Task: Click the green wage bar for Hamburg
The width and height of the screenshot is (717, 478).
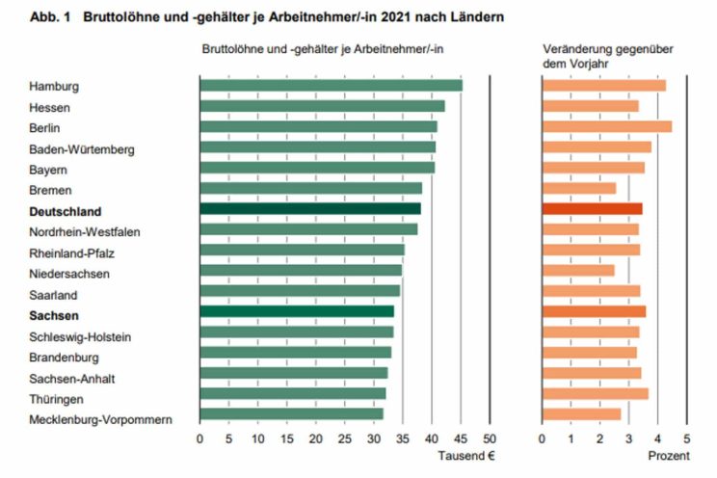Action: tap(331, 85)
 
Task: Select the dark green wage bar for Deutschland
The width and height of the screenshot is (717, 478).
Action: tap(310, 208)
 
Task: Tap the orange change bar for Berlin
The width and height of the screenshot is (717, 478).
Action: tap(607, 126)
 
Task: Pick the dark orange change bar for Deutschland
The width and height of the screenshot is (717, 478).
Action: tap(593, 208)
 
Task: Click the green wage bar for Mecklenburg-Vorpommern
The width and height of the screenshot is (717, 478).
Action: tap(291, 413)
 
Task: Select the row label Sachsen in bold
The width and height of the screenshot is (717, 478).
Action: tap(55, 315)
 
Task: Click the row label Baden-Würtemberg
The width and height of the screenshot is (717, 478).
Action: tap(82, 149)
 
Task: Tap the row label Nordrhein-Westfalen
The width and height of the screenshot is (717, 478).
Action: tap(85, 231)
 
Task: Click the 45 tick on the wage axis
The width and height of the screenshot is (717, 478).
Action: tap(461, 438)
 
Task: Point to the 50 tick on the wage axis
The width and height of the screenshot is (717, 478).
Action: tap(490, 438)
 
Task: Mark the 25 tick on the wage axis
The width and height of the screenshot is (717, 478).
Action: tap(344, 438)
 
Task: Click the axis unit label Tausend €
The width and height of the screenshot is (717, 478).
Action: tap(466, 456)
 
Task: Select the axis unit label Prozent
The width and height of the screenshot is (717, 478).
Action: tap(669, 456)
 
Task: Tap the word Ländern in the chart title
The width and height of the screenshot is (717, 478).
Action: tap(476, 17)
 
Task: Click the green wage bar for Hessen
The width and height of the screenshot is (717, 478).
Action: tap(322, 106)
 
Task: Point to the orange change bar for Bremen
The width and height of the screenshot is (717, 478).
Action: tap(579, 188)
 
